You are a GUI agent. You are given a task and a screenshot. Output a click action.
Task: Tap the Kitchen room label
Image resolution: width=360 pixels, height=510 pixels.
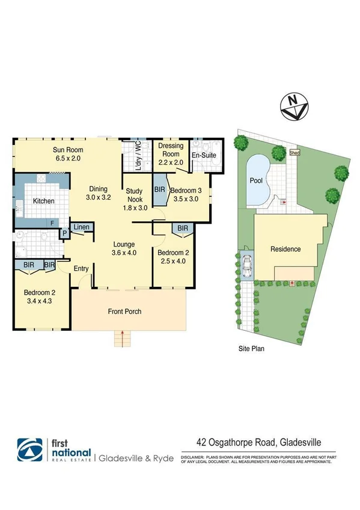(43, 201)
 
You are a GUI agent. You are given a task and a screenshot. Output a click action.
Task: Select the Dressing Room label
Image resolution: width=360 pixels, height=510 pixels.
(171, 149)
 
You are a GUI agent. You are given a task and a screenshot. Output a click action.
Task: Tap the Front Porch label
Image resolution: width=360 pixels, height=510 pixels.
(125, 312)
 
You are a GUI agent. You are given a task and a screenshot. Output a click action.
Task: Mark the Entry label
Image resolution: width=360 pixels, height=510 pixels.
(81, 268)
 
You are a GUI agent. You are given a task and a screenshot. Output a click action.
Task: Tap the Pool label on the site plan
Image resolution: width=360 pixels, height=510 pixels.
(256, 180)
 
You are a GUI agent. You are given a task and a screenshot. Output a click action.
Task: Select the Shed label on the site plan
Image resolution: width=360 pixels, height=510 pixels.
(294, 152)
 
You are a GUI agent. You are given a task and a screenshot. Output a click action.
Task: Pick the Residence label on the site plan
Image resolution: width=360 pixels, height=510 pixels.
(285, 249)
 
